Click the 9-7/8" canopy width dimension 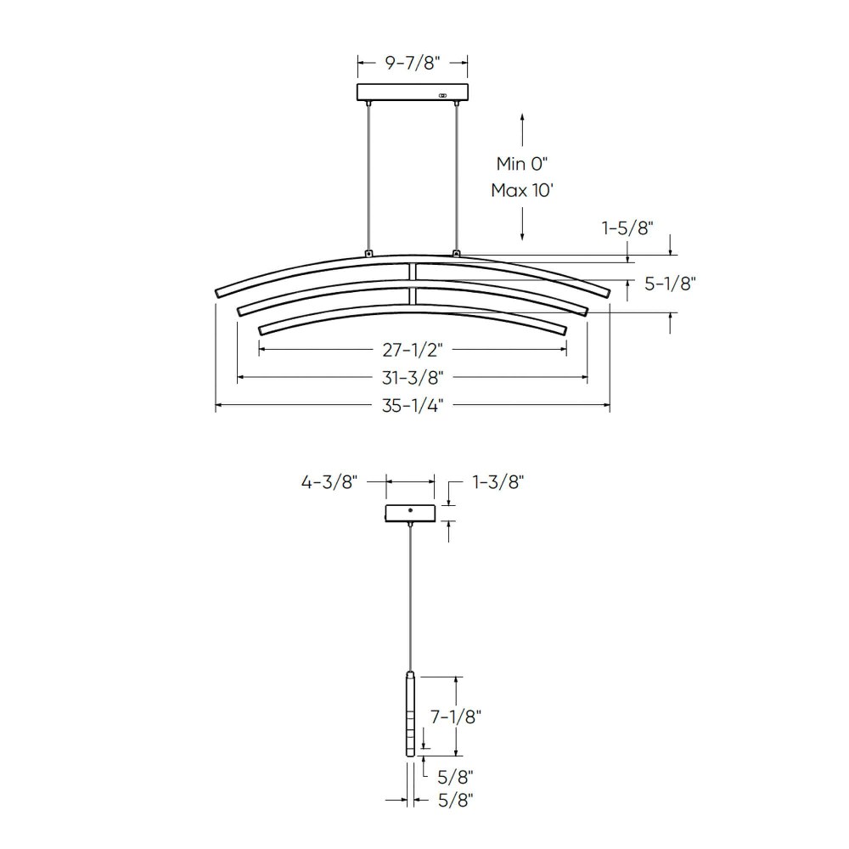413,63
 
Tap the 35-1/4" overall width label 413,405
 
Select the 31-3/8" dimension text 413,378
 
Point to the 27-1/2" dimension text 413,350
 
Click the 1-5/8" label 627,228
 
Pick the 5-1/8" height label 670,284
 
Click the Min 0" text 522,163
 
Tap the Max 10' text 522,190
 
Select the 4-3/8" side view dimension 329,481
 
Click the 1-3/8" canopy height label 498,481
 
